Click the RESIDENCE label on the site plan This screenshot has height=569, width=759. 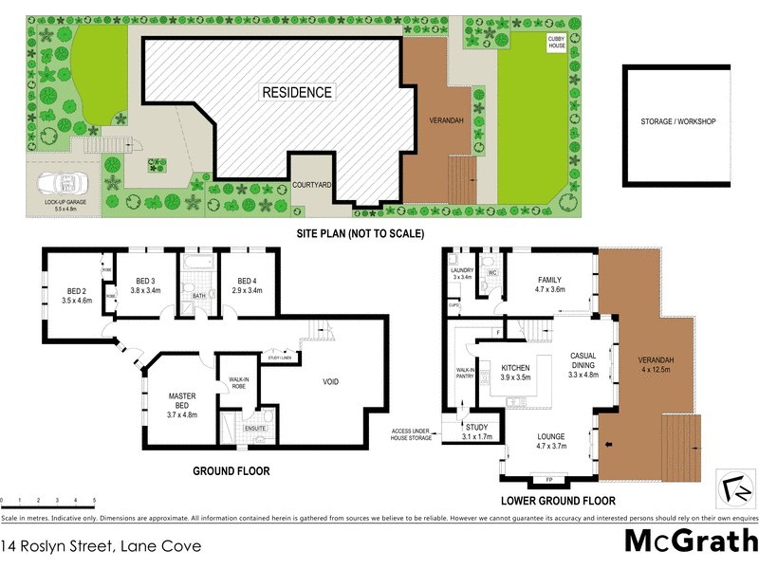pyautogui.click(x=297, y=92)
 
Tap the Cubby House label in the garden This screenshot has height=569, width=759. pyautogui.click(x=556, y=42)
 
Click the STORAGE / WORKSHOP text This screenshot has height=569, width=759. pyautogui.click(x=677, y=122)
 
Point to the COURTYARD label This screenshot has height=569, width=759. pyautogui.click(x=311, y=185)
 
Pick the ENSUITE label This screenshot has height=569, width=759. pyautogui.click(x=255, y=429)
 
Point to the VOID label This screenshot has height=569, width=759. pyautogui.click(x=329, y=382)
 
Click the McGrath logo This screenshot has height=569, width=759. pyautogui.click(x=691, y=541)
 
